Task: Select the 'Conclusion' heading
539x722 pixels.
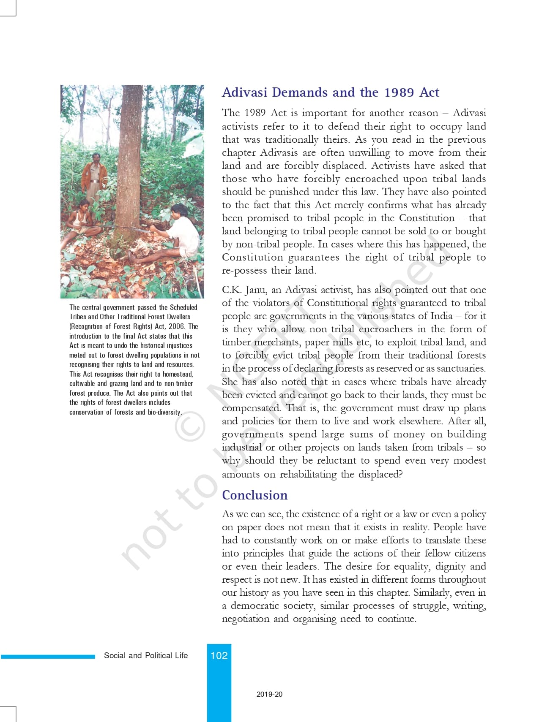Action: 254,495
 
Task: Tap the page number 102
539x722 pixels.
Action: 219,655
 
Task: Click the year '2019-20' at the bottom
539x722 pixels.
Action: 269,694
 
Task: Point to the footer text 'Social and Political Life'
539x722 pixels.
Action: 146,655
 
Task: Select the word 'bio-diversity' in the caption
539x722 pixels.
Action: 164,412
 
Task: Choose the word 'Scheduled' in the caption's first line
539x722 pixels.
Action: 183,307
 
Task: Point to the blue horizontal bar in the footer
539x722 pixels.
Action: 48,656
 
